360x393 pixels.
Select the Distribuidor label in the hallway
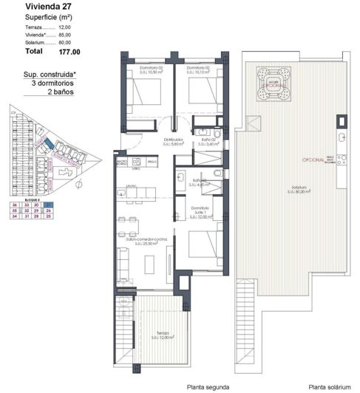pyautogui.click(x=173, y=141)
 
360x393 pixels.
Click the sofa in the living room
pyautogui.click(x=123, y=262)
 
